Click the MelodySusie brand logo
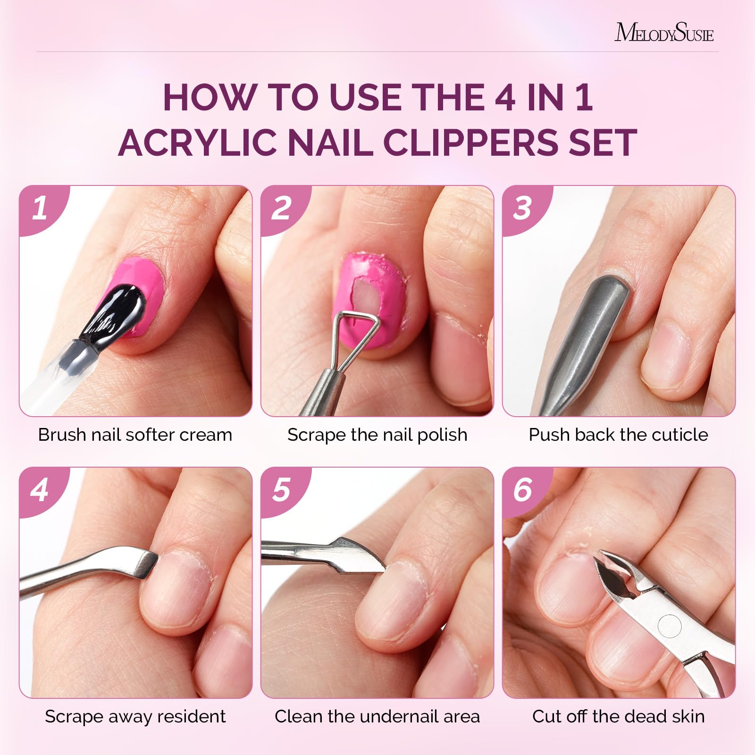pyautogui.click(x=664, y=32)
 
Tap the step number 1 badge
pyautogui.click(x=42, y=208)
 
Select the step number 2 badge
pyautogui.click(x=283, y=208)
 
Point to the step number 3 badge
pyautogui.click(x=525, y=208)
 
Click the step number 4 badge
pyautogui.click(x=42, y=490)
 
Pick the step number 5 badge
pyautogui.click(x=283, y=490)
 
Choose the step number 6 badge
pyautogui.click(x=525, y=490)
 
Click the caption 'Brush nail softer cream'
pyautogui.click(x=135, y=435)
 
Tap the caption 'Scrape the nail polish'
pyautogui.click(x=377, y=435)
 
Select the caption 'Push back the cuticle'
pyautogui.click(x=618, y=435)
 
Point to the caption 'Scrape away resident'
pyautogui.click(x=135, y=716)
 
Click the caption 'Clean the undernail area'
pyautogui.click(x=377, y=716)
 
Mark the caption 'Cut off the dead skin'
pyautogui.click(x=619, y=716)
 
